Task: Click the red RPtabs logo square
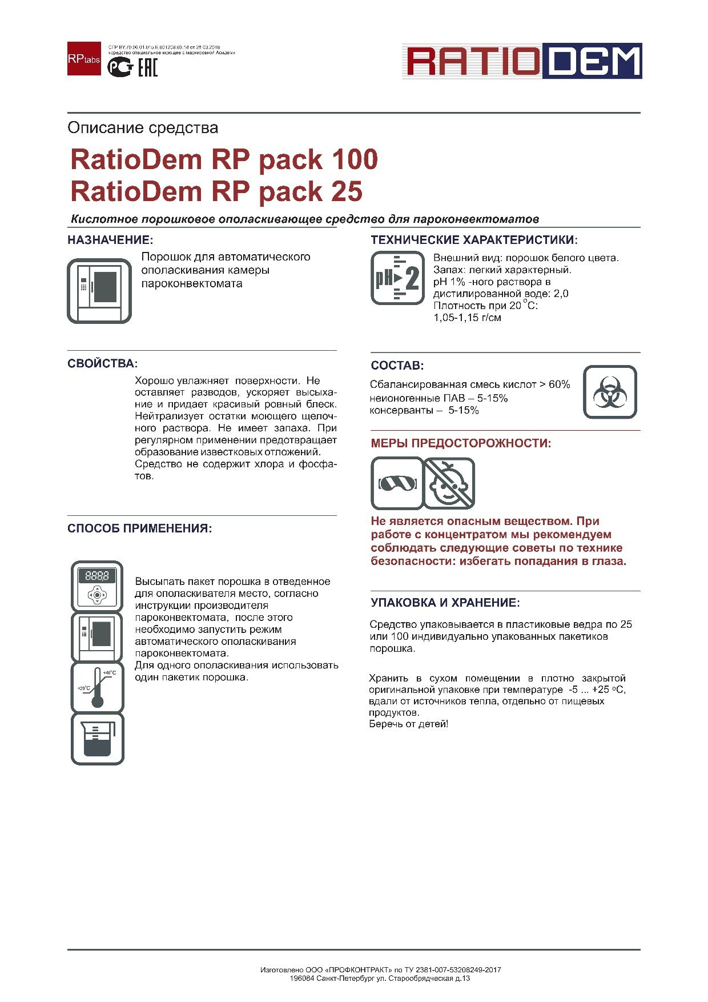coord(84,58)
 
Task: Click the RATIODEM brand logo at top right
coord(521,61)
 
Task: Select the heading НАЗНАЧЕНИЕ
coord(110,240)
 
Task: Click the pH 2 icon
coord(397,278)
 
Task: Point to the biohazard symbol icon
coord(610,392)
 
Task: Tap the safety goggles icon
coord(397,483)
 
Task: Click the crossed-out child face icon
coord(449,483)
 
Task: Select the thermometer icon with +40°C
coord(97,687)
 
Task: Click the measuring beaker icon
coord(97,739)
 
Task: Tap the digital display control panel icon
coord(97,586)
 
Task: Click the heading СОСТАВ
coord(397,366)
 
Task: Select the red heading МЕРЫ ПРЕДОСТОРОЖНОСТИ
coord(461,443)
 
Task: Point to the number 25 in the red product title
coord(346,191)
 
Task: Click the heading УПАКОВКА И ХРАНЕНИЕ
coord(445,603)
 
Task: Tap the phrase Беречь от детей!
coord(408,724)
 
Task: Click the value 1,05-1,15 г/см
coord(467,318)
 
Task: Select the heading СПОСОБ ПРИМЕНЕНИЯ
coord(140,528)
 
